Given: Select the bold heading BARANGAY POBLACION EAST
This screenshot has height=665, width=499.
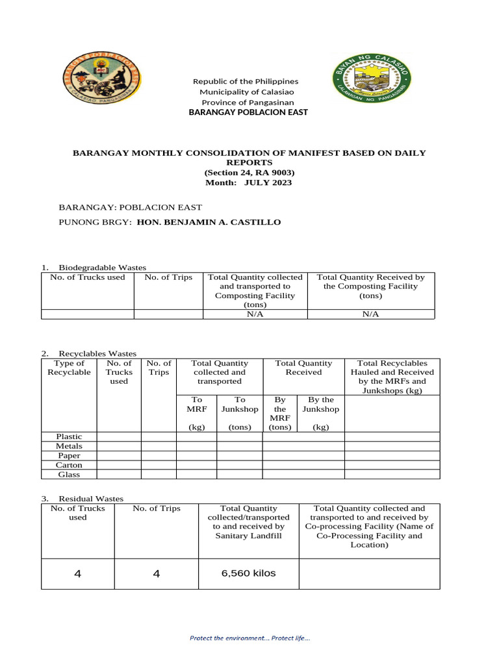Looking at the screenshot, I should [248, 112].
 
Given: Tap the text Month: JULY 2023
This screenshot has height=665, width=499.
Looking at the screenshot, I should [249, 182].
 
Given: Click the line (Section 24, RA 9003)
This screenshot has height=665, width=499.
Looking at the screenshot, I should [249, 173].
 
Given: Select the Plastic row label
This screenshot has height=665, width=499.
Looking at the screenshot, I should [69, 436].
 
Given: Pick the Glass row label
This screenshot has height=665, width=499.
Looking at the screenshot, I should [69, 474].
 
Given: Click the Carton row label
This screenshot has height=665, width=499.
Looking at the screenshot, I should [69, 465].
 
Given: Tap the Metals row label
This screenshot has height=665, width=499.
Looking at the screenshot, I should [69, 446].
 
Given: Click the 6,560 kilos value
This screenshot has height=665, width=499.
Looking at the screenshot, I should [249, 573].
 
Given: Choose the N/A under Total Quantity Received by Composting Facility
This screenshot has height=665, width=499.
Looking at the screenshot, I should [370, 314].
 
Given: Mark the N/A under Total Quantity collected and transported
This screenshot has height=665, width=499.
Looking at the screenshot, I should [255, 314].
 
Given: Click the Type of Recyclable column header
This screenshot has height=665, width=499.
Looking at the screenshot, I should [69, 368].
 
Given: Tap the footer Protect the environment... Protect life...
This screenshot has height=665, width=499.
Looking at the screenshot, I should [249, 638].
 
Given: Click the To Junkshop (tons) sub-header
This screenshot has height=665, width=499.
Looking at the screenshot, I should [240, 414].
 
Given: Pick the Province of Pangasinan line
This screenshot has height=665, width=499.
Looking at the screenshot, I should [248, 103].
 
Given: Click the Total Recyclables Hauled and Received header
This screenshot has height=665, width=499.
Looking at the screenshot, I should [392, 377].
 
